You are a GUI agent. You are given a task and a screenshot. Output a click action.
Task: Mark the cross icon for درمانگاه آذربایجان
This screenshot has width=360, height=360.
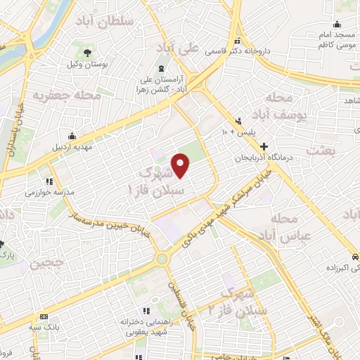pyautogui.click(x=264, y=147)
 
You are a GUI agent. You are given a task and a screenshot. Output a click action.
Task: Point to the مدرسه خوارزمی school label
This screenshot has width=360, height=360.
pyautogui.click(x=45, y=191)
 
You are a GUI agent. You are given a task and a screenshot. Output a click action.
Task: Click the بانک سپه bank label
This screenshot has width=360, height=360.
pyautogui.click(x=53, y=326)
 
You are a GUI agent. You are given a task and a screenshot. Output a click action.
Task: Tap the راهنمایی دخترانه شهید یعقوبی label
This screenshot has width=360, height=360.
pyautogui.click(x=144, y=325)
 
